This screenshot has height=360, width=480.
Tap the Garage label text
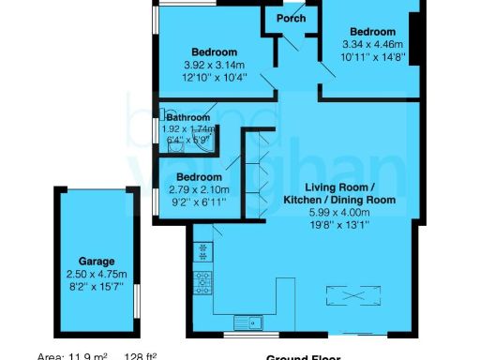coord(97,261)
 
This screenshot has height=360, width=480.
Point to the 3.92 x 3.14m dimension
coord(214,64)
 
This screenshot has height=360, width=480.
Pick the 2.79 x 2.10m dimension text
coord(203,189)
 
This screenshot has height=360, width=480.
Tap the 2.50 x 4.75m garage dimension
coord(97,273)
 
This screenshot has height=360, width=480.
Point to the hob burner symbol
coord(202,277)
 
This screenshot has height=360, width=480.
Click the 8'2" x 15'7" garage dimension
coord(97,285)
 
